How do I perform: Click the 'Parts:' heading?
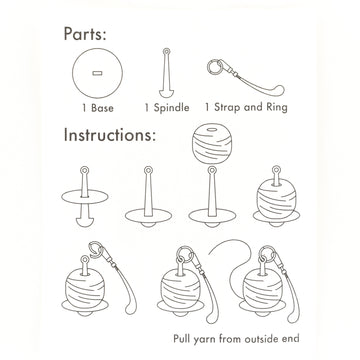[x=85, y=34]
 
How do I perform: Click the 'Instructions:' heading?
[x=110, y=135]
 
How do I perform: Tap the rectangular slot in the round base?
[x=97, y=73]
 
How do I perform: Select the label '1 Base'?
[x=98, y=108]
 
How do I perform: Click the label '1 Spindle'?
[x=167, y=107]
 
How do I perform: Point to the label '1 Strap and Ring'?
[x=246, y=107]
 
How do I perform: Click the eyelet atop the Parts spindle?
[x=166, y=52]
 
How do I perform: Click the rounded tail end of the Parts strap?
[x=279, y=90]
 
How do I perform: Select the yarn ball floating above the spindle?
[x=212, y=143]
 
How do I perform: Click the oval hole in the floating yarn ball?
[x=212, y=130]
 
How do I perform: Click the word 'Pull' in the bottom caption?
[x=181, y=339]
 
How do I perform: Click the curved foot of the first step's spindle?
[x=85, y=222]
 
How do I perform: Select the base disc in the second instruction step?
[x=148, y=215]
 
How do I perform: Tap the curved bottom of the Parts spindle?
[x=166, y=93]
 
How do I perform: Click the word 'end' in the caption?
[x=292, y=339]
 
